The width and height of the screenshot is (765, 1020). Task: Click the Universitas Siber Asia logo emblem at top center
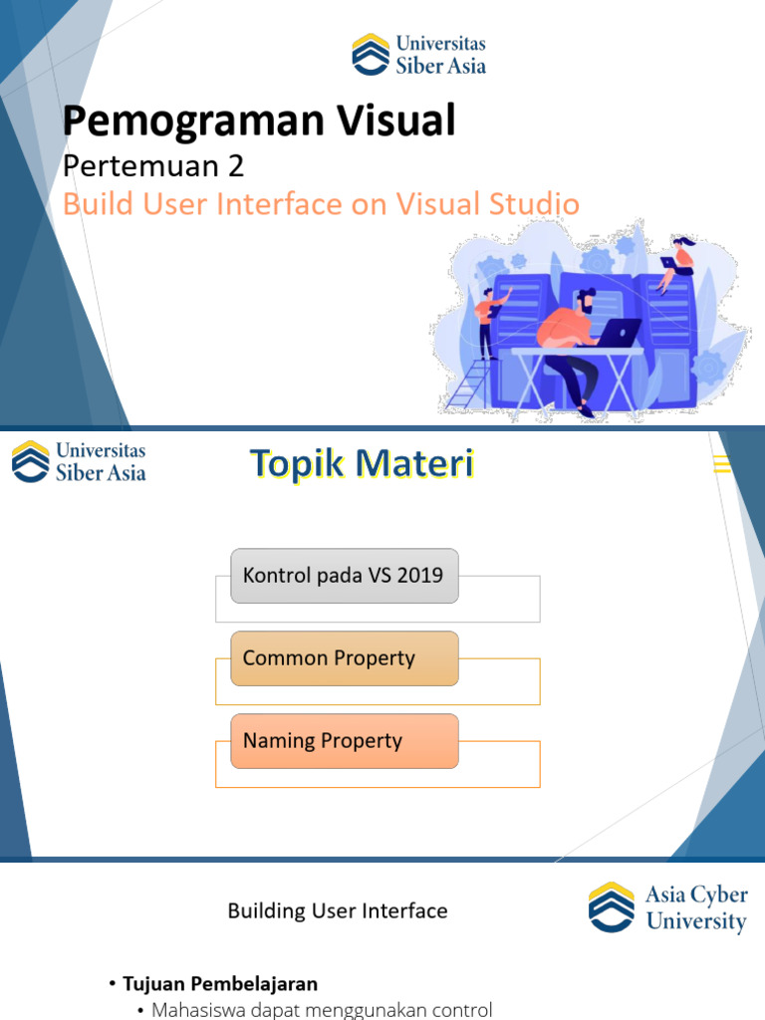tap(371, 54)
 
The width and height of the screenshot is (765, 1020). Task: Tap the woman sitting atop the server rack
tap(682, 256)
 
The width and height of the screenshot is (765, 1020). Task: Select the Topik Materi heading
tap(362, 464)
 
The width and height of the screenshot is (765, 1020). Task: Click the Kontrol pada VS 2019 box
tap(344, 576)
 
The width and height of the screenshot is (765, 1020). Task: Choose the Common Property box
tap(344, 658)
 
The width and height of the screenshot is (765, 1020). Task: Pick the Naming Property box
tap(344, 741)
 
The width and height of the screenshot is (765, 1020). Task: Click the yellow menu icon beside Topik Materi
tap(722, 464)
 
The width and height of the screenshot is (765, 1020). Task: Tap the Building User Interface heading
tap(338, 910)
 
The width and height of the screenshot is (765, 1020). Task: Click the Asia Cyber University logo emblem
tap(612, 907)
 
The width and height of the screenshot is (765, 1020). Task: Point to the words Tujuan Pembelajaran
tap(220, 984)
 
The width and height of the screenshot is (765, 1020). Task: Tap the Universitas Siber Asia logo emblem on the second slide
tap(30, 462)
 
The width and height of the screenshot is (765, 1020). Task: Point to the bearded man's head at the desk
tap(584, 301)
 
